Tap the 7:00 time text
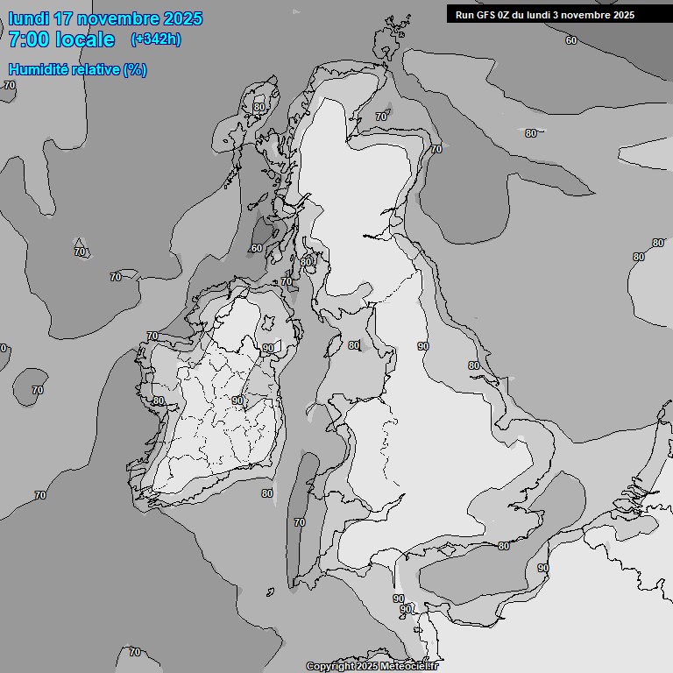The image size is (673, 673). [x=30, y=39]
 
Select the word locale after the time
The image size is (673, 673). [x=85, y=39]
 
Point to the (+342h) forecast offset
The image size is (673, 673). [x=156, y=39]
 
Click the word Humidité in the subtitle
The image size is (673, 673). [x=37, y=69]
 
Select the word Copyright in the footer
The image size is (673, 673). [x=329, y=666]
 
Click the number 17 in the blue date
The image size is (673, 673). [x=64, y=18]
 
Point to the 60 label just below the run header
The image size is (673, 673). [x=571, y=40]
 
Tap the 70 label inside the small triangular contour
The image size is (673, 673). [x=80, y=251]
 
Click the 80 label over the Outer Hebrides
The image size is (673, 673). [x=259, y=107]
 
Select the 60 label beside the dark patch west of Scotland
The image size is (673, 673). [x=256, y=248]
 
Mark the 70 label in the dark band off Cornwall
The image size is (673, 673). [x=300, y=522]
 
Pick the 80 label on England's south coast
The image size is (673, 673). [x=503, y=546]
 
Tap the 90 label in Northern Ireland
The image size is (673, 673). [x=267, y=348]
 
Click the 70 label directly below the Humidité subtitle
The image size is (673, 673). [x=10, y=85]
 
